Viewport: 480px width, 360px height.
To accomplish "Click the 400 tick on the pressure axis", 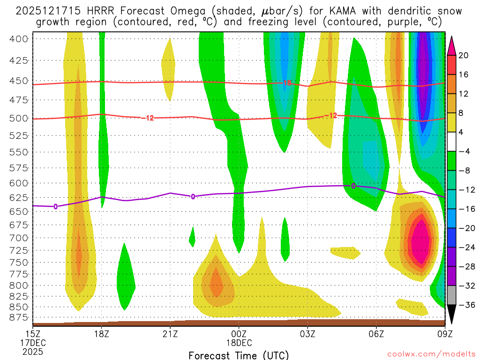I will pyautogui.click(x=19, y=38).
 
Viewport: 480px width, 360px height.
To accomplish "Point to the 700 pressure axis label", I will pyautogui.click(x=19, y=238).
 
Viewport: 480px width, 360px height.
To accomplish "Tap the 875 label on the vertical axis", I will pyautogui.click(x=19, y=317).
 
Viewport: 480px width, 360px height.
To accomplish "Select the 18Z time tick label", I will pyautogui.click(x=102, y=334).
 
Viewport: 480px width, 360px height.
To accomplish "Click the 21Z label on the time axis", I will pyautogui.click(x=170, y=334).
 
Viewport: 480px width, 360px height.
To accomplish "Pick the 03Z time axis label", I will pyautogui.click(x=307, y=334).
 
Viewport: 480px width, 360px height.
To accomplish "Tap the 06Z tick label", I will pyautogui.click(x=376, y=334).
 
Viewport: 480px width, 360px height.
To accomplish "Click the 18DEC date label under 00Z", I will pyautogui.click(x=239, y=343).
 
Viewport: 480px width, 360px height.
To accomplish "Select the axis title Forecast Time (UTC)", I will pyautogui.click(x=239, y=355).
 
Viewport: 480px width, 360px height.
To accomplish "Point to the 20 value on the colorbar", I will pyautogui.click(x=464, y=55).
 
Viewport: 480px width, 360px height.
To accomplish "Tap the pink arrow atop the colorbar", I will pyautogui.click(x=452, y=45).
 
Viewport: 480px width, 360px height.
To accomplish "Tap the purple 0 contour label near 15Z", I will pyautogui.click(x=55, y=206).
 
